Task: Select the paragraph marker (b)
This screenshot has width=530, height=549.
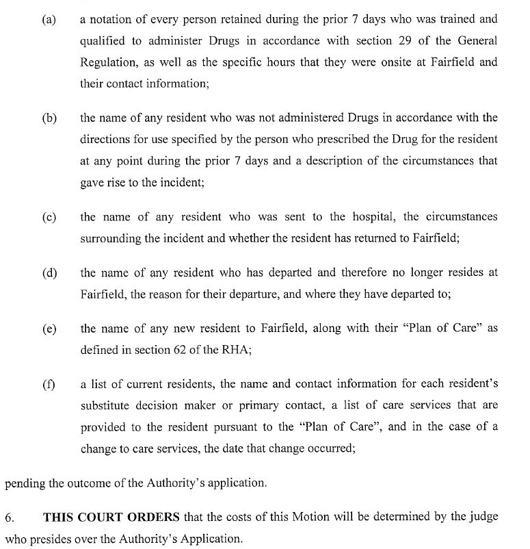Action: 49,118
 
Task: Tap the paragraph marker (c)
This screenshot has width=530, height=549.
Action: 49,217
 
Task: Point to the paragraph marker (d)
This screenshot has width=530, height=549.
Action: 49,273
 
